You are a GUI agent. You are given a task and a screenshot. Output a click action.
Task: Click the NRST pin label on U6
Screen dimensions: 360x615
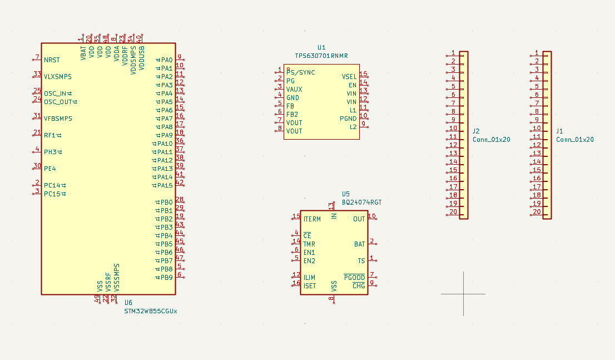[52, 60]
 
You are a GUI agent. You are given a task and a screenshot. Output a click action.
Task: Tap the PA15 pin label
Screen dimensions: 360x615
[165, 185]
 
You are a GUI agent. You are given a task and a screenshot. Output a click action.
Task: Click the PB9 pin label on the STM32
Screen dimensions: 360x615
[166, 277]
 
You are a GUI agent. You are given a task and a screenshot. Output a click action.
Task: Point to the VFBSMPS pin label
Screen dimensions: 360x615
[58, 119]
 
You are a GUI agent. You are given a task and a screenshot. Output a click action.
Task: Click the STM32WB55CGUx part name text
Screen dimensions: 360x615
[151, 311]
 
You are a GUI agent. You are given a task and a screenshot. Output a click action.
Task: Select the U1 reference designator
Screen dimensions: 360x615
[321, 48]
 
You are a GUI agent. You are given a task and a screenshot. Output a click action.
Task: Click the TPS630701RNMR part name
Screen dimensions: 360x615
[321, 56]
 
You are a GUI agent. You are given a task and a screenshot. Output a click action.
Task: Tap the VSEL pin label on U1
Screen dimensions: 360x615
[349, 77]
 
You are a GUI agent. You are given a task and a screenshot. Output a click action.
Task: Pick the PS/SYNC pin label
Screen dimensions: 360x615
[301, 72]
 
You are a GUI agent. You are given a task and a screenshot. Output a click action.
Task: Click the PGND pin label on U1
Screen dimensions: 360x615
[348, 119]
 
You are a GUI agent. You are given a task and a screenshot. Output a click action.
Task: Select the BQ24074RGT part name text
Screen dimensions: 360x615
[362, 203]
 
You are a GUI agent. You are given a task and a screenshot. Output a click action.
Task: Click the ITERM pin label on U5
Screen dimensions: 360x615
[312, 219]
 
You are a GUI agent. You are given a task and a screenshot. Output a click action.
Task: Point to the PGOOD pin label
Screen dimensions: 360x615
[355, 277]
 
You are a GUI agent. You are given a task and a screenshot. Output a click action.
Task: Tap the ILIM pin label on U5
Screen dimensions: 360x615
[309, 277]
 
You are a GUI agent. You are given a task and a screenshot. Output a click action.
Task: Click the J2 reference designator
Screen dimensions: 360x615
[476, 131]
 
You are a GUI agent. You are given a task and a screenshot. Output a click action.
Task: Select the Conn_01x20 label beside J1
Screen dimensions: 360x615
[575, 140]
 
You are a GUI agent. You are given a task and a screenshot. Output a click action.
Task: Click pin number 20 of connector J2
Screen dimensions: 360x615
[453, 212]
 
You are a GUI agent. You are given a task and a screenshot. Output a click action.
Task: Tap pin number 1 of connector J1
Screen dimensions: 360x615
[537, 53]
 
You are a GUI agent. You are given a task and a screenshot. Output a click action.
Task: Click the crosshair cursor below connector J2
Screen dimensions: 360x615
[463, 294]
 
